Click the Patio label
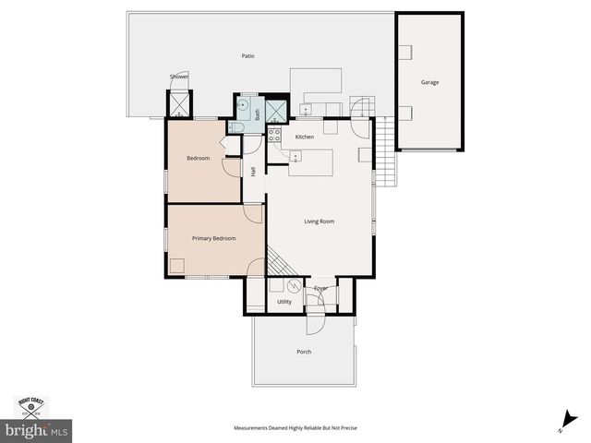pyautogui.click(x=247, y=56)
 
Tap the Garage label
pyautogui.click(x=429, y=82)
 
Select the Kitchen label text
pyautogui.click(x=305, y=137)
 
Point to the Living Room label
pyautogui.click(x=319, y=221)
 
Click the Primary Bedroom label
pyautogui.click(x=213, y=238)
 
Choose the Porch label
pyautogui.click(x=304, y=352)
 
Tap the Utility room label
pyautogui.click(x=284, y=302)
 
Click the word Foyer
pyautogui.click(x=320, y=289)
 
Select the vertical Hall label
pyautogui.click(x=253, y=172)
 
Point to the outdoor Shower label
pyautogui.click(x=178, y=77)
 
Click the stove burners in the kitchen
pyautogui.click(x=274, y=136)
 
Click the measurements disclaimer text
pyautogui.click(x=295, y=428)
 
